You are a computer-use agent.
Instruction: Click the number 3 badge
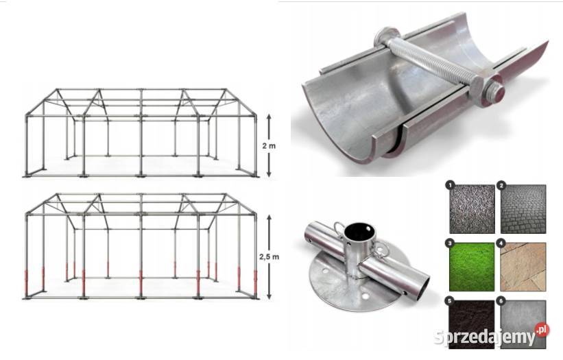[x=449, y=243]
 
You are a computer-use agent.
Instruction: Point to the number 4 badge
[x=502, y=243]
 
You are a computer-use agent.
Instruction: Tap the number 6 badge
[x=502, y=301]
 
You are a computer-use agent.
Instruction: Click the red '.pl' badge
[x=542, y=331]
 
